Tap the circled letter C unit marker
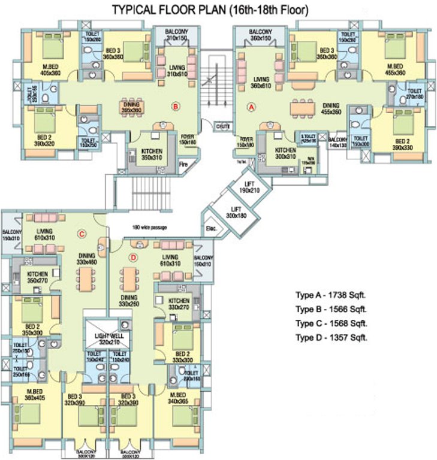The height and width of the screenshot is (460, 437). coord(82,234)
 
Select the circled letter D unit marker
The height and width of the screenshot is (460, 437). coord(133,258)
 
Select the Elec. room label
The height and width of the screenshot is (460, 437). coord(211,228)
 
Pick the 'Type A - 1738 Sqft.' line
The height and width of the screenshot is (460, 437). coord(331,296)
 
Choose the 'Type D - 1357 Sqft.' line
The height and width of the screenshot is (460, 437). coord(331,338)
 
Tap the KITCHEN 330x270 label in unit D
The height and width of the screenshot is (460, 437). coord(179,304)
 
